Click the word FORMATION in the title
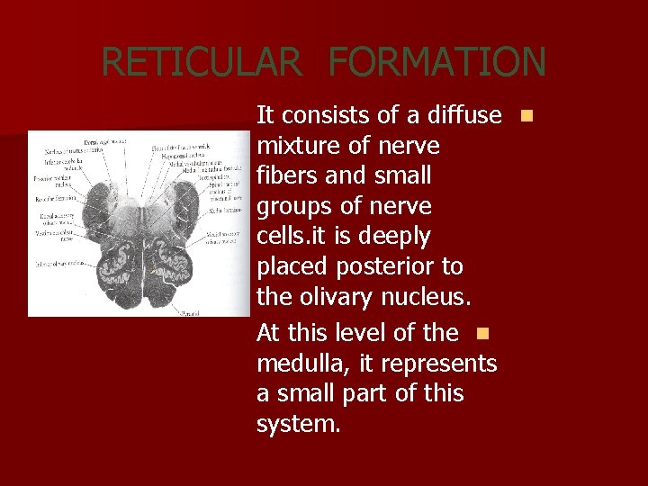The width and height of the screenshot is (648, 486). pyautogui.click(x=436, y=62)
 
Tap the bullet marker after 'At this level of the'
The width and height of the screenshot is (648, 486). pyautogui.click(x=481, y=333)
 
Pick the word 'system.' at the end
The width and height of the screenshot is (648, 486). pyautogui.click(x=299, y=424)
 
